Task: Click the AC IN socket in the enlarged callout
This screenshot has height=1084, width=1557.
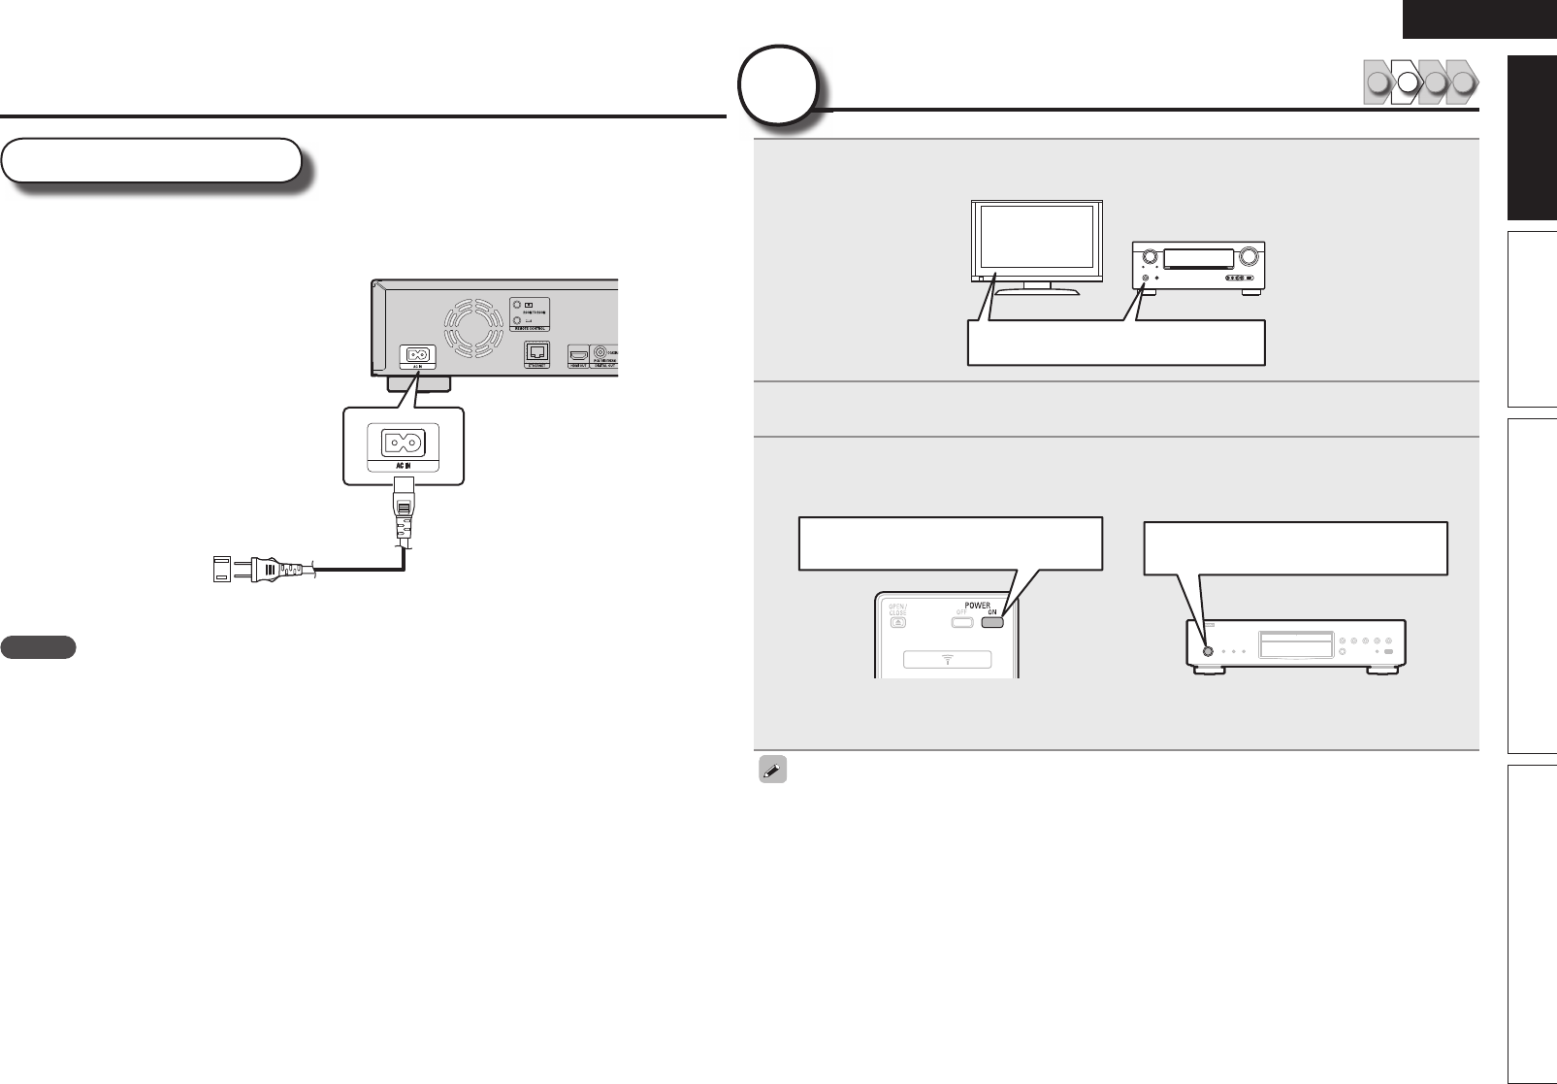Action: click(x=403, y=443)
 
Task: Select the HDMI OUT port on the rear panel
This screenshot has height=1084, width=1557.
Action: click(x=578, y=354)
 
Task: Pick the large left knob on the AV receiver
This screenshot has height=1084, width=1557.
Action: click(x=1150, y=257)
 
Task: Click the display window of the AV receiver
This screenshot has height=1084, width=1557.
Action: click(x=1199, y=258)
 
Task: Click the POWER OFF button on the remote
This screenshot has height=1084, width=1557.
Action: click(x=960, y=623)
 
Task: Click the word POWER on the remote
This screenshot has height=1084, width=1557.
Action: click(x=977, y=605)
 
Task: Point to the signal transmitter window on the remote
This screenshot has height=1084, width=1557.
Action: click(x=947, y=660)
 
